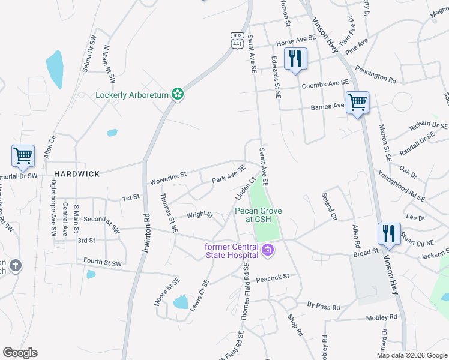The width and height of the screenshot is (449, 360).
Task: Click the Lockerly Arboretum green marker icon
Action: point(177,94)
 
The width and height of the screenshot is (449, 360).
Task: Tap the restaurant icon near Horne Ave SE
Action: point(295,59)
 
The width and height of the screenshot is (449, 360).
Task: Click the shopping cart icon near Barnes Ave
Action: point(357,103)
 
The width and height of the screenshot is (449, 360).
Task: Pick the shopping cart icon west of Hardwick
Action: point(23,156)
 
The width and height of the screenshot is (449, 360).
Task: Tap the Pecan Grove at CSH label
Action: point(257,215)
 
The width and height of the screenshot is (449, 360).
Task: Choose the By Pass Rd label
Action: point(323,307)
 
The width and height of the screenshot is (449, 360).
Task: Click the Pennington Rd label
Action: point(375,74)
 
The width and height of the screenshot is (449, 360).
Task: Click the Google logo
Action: point(20,353)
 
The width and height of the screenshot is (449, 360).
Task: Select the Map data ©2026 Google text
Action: point(411,355)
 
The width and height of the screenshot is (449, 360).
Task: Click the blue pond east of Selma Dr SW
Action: point(55,70)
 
